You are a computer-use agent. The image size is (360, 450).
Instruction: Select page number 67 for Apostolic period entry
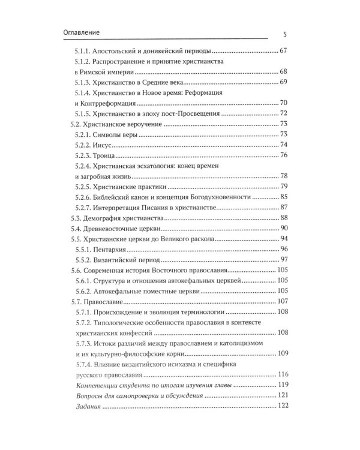tap(284, 52)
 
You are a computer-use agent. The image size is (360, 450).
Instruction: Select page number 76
tap(284, 156)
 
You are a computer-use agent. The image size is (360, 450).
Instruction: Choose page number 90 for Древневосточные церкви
tap(284, 229)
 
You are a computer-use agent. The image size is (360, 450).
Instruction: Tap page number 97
tap(284, 260)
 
